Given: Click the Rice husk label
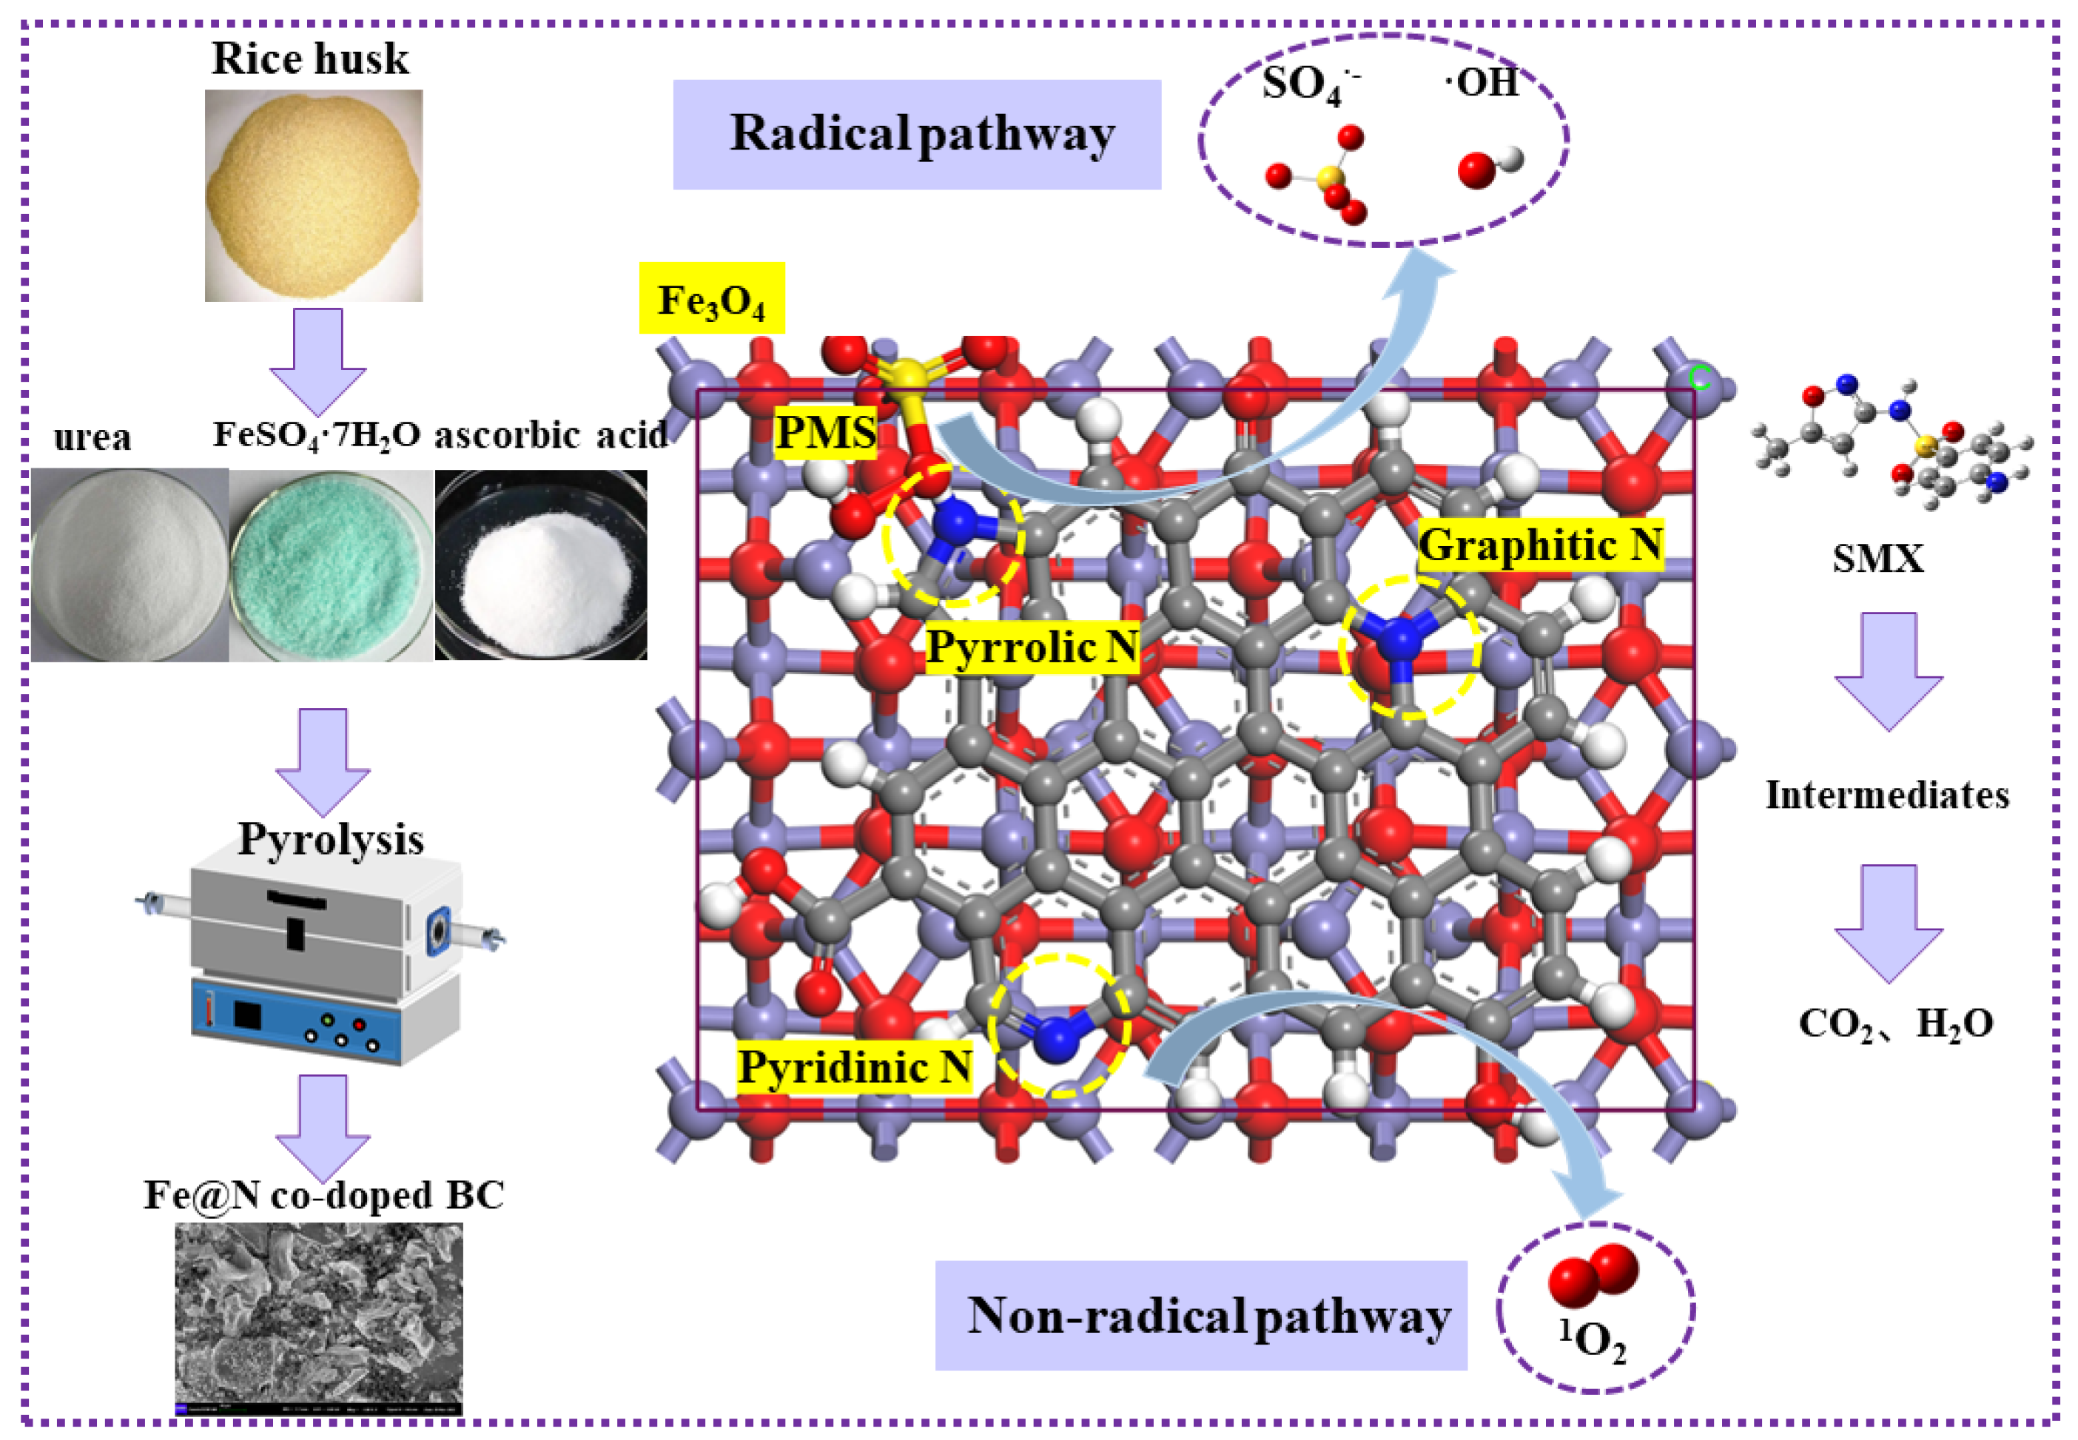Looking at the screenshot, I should click(x=309, y=58).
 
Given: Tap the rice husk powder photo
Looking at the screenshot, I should click(x=313, y=195).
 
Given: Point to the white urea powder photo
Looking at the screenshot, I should click(x=129, y=565).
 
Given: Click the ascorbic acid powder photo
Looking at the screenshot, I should click(x=542, y=565).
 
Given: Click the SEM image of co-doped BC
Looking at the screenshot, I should click(x=318, y=1317).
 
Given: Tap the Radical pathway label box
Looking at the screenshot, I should click(x=917, y=135).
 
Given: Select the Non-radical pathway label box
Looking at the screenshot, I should click(x=1201, y=1316).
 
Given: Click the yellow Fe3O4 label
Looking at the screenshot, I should click(x=712, y=299).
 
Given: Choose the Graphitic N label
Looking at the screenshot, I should click(x=1539, y=545).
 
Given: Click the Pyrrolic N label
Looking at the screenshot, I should click(x=1032, y=647).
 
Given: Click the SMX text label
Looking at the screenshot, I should click(x=1877, y=559).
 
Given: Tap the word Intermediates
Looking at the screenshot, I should click(x=1887, y=795).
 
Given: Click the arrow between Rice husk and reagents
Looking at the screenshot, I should click(x=317, y=359).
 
